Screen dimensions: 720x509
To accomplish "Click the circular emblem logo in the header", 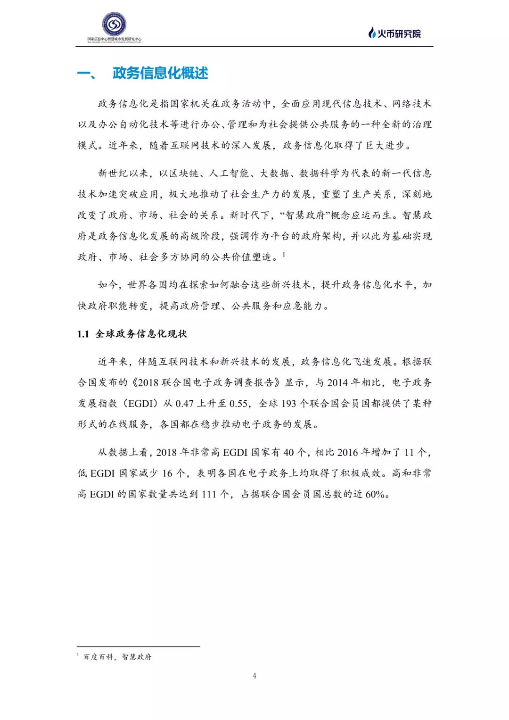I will [x=114, y=24].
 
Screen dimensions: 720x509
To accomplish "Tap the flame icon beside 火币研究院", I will [x=372, y=33].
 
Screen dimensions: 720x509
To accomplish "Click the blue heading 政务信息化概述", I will [x=160, y=74].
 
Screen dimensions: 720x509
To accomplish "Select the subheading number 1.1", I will [x=83, y=334].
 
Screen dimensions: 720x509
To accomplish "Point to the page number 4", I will [x=254, y=676].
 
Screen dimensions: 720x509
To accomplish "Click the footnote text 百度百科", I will [x=98, y=657].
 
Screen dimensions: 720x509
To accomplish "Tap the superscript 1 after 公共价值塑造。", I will [x=284, y=255].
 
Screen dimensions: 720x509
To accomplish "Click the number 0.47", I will [x=185, y=404].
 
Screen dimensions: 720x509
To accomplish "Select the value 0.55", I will [x=238, y=404].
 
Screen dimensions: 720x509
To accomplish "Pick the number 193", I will [x=289, y=404].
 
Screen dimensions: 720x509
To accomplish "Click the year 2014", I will [x=337, y=382].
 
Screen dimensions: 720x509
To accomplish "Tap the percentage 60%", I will [x=375, y=494].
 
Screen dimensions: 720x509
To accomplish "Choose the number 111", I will [x=209, y=494].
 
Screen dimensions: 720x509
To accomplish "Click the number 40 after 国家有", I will [x=288, y=453].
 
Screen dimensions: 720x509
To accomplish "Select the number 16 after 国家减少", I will [x=167, y=473].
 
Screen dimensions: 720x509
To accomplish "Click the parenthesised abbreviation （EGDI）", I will [x=139, y=404].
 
